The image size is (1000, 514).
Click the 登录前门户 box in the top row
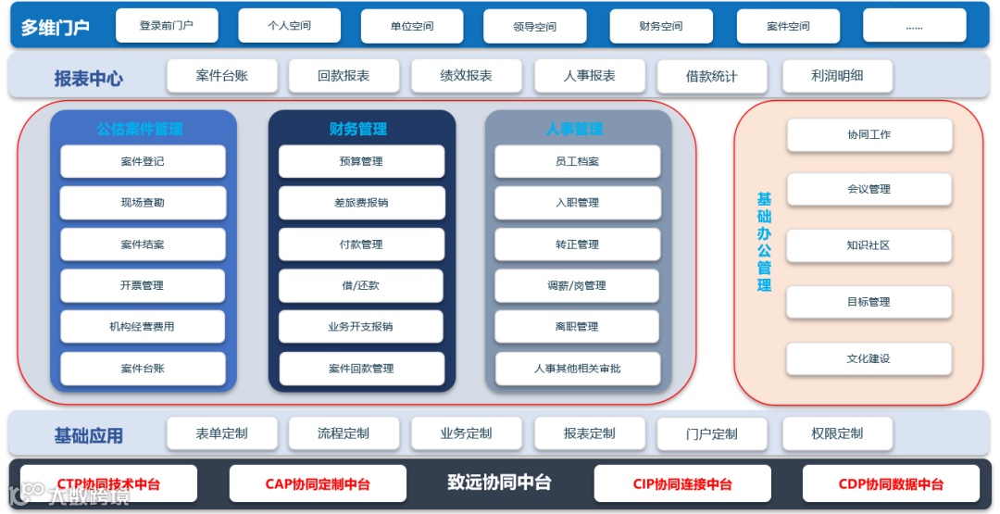167,26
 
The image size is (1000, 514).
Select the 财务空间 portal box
661,26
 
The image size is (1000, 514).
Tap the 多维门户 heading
56,27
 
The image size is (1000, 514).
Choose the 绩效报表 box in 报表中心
466,76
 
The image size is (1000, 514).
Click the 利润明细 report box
837,76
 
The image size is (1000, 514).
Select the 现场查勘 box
143,203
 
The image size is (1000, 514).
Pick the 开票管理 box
143,285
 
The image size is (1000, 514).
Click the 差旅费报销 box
361,203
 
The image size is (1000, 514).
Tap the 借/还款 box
361,285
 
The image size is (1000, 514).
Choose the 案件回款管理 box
361,369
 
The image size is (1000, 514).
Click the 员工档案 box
577,161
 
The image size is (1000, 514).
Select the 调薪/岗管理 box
577,285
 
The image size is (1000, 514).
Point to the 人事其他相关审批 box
577,369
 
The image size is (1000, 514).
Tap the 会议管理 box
869,189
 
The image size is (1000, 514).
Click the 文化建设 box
869,358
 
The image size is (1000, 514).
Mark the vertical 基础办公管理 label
764,242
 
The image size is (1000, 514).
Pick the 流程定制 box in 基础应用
344,433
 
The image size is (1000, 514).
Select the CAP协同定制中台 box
318,483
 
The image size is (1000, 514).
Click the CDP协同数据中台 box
891,483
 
